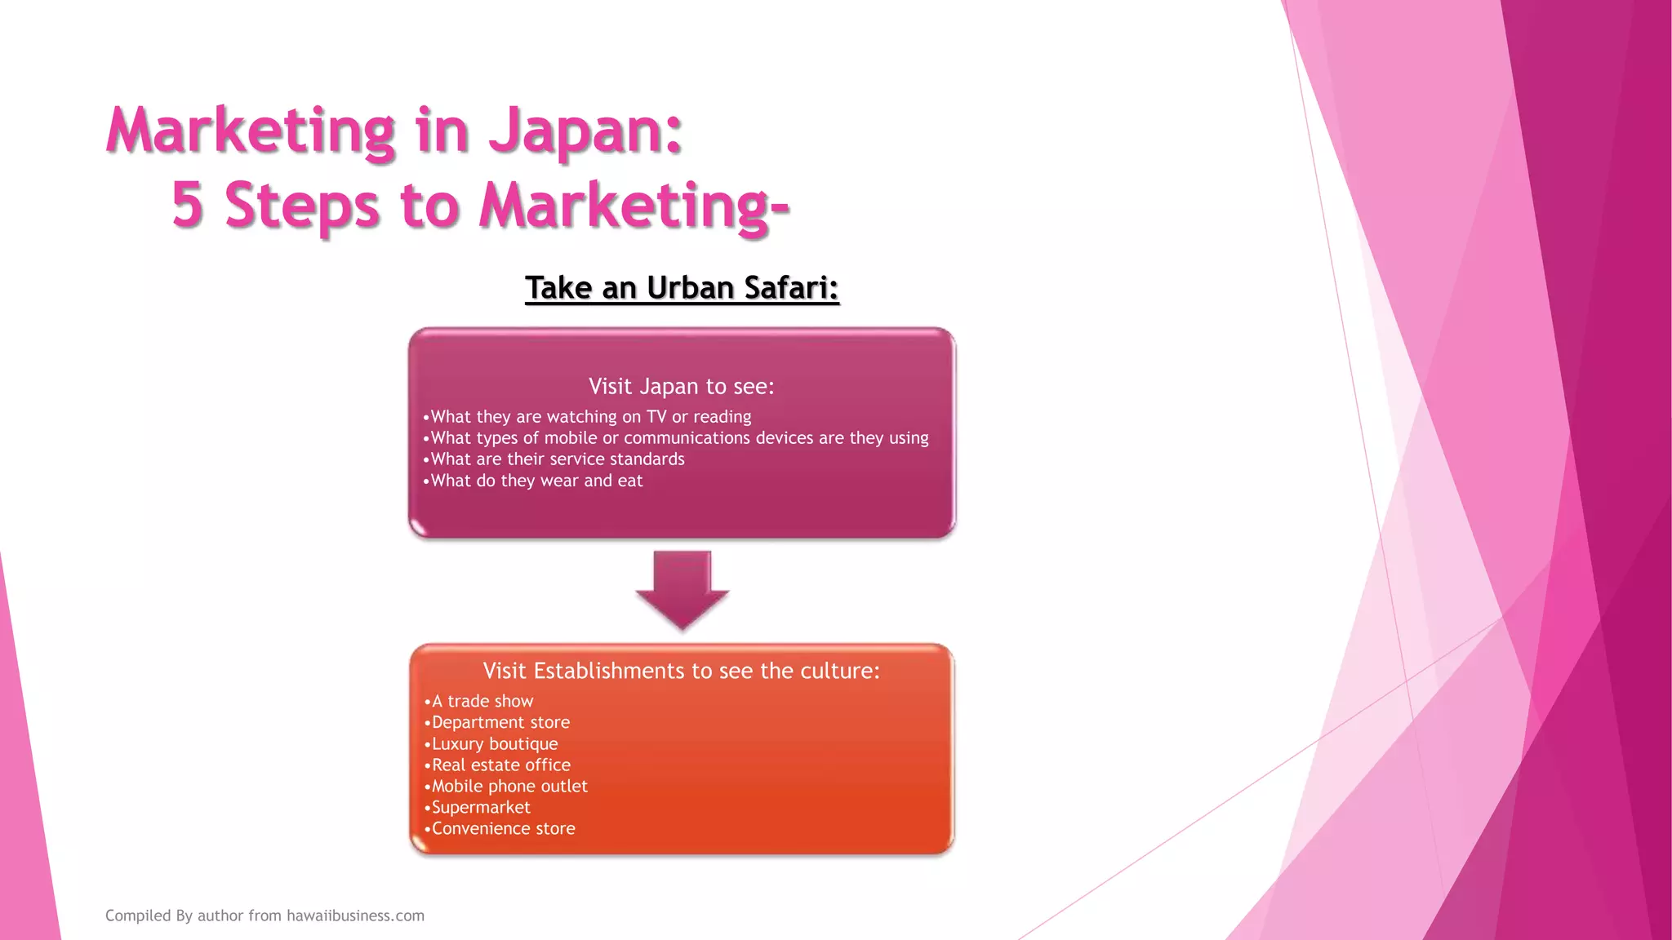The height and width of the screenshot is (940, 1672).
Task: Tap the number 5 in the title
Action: click(187, 204)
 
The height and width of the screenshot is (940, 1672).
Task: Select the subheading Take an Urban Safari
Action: click(682, 288)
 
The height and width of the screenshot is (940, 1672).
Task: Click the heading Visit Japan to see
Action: click(681, 386)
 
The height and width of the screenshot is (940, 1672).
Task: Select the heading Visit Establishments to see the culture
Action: click(681, 671)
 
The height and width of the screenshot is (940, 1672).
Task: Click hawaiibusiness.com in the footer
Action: click(355, 916)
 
